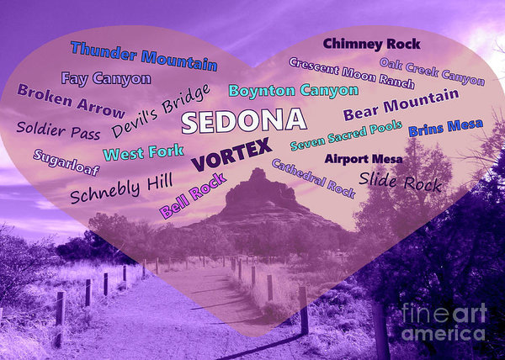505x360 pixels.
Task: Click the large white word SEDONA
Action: tap(243, 120)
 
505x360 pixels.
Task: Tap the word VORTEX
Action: tap(231, 153)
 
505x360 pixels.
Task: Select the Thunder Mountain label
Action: tap(144, 56)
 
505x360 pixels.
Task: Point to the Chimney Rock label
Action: tap(371, 43)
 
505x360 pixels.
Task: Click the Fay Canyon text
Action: tap(106, 79)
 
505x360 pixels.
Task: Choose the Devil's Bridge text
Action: tap(161, 112)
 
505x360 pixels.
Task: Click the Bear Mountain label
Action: tap(400, 105)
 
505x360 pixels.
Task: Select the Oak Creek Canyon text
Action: tap(432, 71)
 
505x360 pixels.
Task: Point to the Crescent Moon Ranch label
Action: tap(351, 73)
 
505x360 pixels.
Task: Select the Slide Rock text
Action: tap(400, 179)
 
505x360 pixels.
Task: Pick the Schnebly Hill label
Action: tap(121, 188)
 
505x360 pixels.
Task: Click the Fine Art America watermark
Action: tap(444, 323)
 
